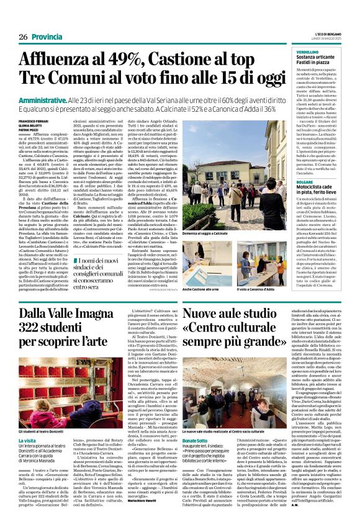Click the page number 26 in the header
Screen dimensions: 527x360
pos(22,37)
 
